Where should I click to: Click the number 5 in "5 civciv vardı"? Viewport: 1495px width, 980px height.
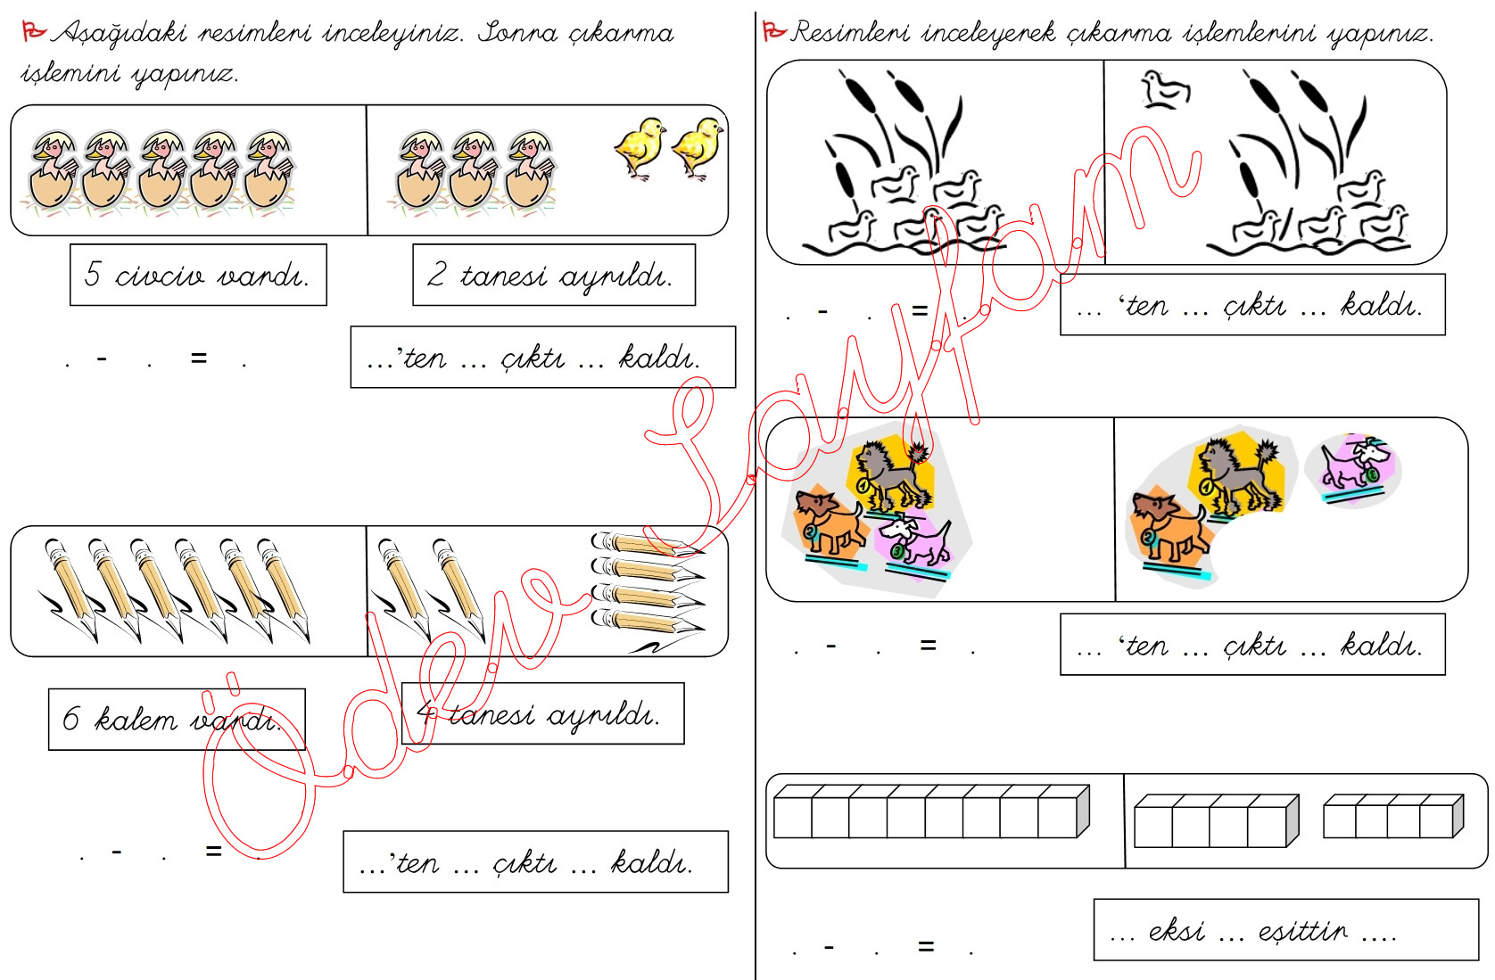click(x=94, y=274)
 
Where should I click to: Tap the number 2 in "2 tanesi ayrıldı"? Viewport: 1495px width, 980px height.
click(x=436, y=274)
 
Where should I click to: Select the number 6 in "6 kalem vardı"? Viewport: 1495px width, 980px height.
click(x=70, y=719)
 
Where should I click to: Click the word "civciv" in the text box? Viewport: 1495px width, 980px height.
click(x=160, y=276)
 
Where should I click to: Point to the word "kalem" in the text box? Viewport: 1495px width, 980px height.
click(x=136, y=719)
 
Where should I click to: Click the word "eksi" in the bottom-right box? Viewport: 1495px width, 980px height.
click(x=1177, y=931)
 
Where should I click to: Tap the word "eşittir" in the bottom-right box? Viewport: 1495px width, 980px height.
click(x=1303, y=931)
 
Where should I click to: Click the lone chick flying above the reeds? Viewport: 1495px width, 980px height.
click(x=1165, y=90)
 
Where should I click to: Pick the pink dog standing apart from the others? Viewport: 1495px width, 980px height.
click(x=1353, y=466)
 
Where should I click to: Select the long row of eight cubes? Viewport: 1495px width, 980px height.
click(x=932, y=811)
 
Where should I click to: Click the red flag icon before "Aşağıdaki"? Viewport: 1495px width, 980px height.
click(x=33, y=30)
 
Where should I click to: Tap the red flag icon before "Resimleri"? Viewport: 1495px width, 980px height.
click(x=774, y=30)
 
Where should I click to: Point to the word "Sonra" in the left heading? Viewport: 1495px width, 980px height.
click(x=518, y=32)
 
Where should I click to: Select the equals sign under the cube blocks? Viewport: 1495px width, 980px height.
click(x=926, y=945)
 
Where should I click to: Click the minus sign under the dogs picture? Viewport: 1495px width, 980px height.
click(x=831, y=645)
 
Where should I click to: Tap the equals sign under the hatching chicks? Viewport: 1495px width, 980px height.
click(x=198, y=358)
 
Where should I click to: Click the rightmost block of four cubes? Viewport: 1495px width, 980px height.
click(x=1393, y=815)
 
